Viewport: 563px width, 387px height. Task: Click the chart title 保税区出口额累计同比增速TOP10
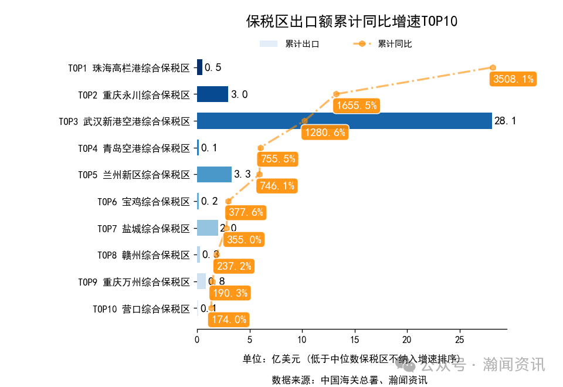point(351,22)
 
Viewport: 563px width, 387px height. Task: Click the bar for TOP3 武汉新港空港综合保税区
point(344,121)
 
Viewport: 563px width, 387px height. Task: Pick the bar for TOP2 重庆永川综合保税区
point(212,94)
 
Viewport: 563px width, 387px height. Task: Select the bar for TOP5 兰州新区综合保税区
point(214,174)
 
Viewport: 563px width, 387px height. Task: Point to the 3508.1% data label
point(513,79)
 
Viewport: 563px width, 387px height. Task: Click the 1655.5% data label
point(356,106)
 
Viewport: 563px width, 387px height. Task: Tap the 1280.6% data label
point(324,133)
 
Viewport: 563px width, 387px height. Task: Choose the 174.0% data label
point(229,320)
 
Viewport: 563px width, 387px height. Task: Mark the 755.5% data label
point(277,159)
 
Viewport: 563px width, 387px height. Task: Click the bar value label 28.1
point(505,121)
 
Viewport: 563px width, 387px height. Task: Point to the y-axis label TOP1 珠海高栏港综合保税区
point(129,68)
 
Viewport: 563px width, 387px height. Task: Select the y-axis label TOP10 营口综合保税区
point(141,309)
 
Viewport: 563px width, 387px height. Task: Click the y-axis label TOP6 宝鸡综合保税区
point(144,202)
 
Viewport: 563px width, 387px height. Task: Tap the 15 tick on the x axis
point(354,340)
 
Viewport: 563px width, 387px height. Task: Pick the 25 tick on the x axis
point(459,340)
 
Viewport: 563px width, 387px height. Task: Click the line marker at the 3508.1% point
point(493,67)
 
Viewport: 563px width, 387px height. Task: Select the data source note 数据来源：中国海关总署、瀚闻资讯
point(349,379)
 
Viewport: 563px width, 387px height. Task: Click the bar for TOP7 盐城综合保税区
point(208,228)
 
